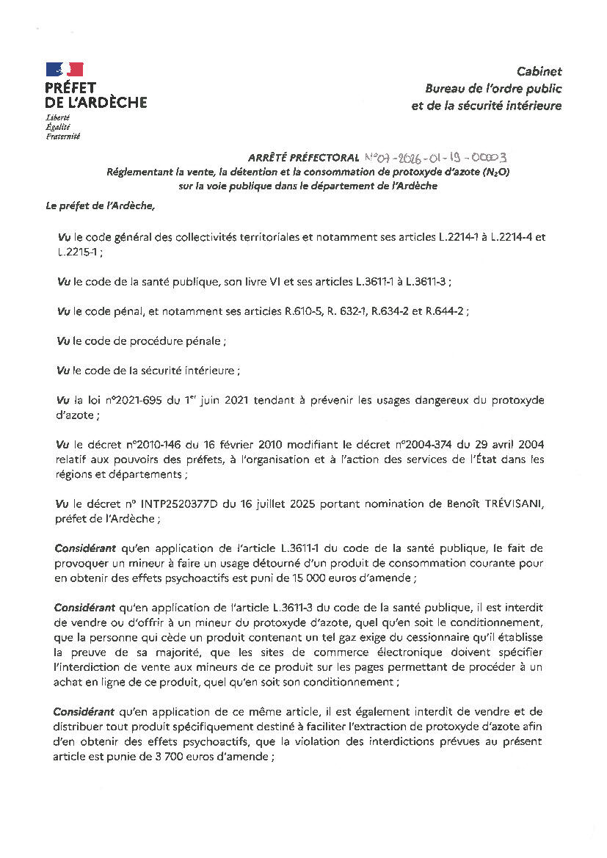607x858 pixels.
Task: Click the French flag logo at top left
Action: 65,69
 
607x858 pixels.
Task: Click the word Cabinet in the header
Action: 539,71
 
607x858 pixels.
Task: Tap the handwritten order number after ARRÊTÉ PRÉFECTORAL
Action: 435,157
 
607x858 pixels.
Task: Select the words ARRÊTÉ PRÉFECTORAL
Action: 303,158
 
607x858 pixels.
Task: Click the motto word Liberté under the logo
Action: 58,118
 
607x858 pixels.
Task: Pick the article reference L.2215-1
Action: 79,252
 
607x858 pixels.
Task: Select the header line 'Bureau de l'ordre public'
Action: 493,88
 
